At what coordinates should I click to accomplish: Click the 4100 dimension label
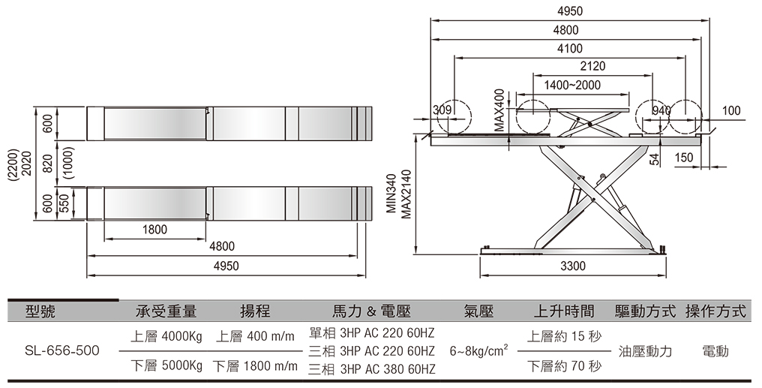point(569,49)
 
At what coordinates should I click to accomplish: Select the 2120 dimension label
point(593,66)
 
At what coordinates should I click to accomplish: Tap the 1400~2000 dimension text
point(572,85)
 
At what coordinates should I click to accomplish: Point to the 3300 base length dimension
point(573,266)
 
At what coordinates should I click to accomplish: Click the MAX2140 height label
point(406,194)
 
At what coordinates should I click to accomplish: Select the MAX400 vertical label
point(499,110)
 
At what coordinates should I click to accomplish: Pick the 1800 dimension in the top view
point(154,230)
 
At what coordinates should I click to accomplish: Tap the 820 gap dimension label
point(47,164)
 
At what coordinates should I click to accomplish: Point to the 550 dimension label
point(64,203)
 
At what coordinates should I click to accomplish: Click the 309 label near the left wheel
point(442,110)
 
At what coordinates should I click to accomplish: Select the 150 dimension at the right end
point(684,158)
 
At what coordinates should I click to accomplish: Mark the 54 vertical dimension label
point(655,159)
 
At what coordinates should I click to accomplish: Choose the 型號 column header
point(40,311)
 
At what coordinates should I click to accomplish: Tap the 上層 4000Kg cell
point(166,336)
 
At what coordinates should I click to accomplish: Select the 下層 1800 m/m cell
point(255,366)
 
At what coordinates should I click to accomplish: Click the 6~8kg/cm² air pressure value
point(479,350)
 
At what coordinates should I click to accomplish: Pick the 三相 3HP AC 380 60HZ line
point(372,369)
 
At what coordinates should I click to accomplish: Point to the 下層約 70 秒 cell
point(564,366)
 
